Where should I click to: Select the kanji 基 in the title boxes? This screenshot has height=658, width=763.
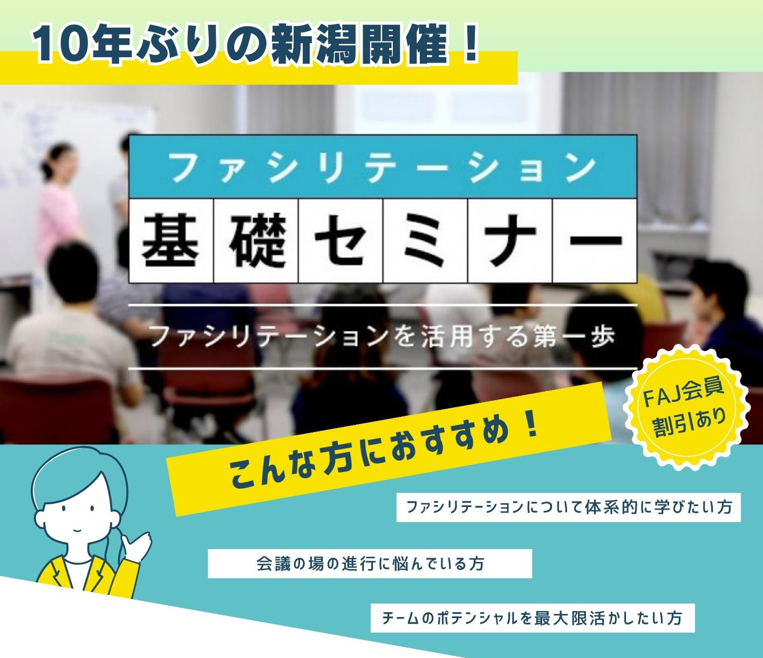point(171,241)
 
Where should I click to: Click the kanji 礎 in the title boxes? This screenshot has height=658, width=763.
point(256,241)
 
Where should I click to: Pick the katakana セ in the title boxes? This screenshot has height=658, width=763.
point(340,241)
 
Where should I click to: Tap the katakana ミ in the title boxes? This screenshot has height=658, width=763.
point(425,241)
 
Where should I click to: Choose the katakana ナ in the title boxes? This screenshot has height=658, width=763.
point(510,241)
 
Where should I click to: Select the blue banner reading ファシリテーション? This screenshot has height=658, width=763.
point(383,167)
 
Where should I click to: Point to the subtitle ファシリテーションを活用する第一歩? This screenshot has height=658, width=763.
point(383,337)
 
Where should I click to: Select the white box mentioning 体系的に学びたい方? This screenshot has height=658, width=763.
point(568,507)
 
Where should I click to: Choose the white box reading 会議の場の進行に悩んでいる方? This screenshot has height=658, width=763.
point(370,564)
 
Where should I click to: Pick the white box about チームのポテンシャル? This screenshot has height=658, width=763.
point(532,618)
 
